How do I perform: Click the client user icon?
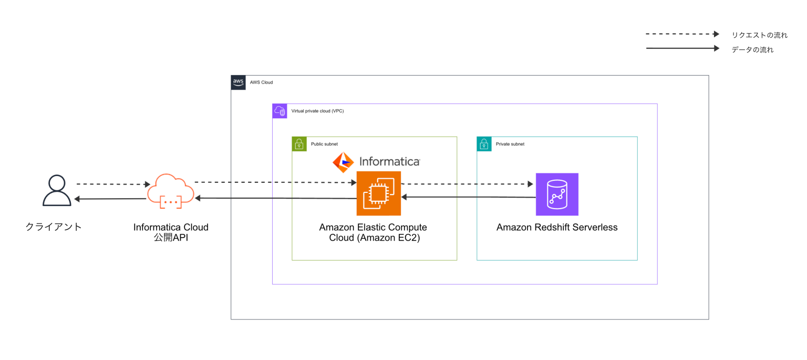(57, 191)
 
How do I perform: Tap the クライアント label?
(54, 227)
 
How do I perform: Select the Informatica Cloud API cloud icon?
(171, 191)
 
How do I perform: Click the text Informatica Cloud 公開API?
(171, 232)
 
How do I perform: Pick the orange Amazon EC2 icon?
(378, 193)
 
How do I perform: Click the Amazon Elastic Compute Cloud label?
(373, 232)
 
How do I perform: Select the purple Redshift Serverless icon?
(557, 194)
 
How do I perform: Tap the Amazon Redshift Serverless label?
(557, 228)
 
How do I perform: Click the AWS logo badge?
(238, 83)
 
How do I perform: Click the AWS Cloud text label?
(261, 83)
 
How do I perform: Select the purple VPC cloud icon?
(280, 111)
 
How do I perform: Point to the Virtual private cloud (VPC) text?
(317, 111)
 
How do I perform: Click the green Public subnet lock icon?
(299, 144)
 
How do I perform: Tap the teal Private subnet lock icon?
(484, 144)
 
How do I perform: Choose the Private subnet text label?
(510, 144)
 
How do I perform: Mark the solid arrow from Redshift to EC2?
(468, 197)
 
